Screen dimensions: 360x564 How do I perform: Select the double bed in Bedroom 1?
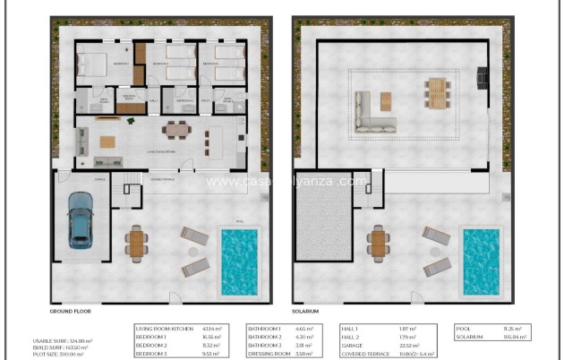pos(92,64)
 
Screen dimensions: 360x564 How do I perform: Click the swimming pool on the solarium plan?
pos(480,261)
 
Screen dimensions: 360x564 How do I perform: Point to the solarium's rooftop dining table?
pos(436,92)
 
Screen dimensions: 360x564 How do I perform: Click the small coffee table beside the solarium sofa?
pos(386,99)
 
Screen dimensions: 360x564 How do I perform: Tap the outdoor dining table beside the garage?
pos(136,242)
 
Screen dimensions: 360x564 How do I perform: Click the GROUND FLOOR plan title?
pos(73,311)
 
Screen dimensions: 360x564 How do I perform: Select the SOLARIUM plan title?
pos(306,311)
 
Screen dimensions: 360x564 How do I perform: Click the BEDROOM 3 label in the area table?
pos(153,354)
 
